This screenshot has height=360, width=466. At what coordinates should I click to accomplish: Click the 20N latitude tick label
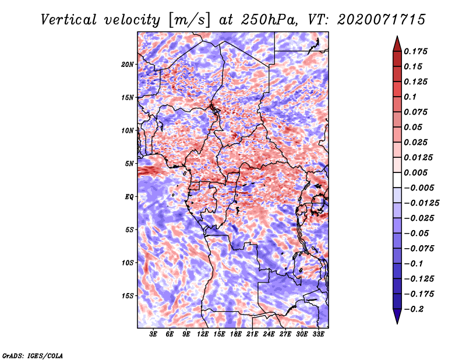pos(128,65)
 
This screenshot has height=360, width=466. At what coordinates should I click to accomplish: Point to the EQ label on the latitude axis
pos(129,197)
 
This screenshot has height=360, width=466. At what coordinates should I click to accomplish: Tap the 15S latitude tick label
pos(128,296)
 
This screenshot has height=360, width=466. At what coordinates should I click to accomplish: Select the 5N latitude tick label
pos(129,164)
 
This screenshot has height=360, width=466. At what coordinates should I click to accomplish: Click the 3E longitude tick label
pos(153,334)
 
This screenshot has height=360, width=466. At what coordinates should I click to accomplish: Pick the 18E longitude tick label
pos(236,334)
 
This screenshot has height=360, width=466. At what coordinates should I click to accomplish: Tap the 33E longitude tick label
pos(318,334)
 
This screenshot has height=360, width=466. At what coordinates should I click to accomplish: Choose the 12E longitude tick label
pos(203,334)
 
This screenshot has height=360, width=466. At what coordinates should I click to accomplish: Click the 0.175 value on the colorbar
pos(415,51)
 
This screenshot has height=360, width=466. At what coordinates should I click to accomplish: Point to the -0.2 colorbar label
pos(414,309)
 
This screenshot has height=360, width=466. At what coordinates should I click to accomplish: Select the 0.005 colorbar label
pos(415,172)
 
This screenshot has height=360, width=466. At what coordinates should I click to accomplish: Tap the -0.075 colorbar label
pos(419,249)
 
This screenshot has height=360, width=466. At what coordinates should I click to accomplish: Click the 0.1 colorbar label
pos(410,97)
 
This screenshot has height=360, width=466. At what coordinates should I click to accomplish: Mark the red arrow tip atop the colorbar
pos(397,36)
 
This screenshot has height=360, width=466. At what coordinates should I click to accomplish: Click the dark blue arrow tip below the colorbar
pos(397,323)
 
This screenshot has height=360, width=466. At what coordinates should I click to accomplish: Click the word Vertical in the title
pos(69,20)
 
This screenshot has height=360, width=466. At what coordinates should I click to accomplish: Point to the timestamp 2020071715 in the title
pos(382,20)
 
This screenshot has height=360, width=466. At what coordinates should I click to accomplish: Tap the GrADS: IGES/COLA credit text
pos(33,356)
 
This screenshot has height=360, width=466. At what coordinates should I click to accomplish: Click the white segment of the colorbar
pos(397,180)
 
